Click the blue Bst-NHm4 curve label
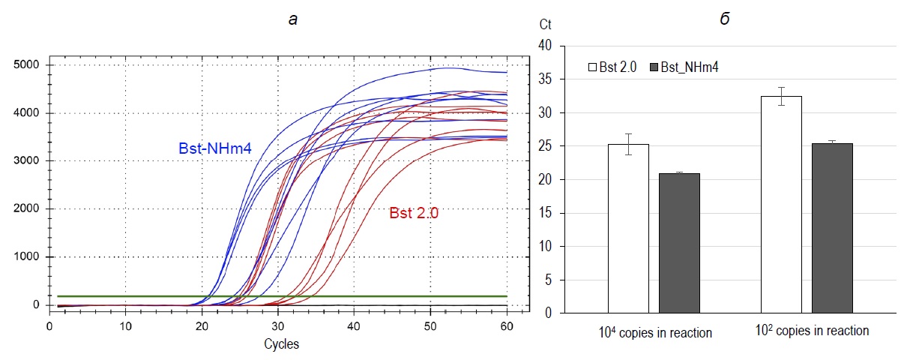click(x=214, y=148)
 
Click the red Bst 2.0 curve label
click(x=414, y=213)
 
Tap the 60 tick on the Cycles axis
click(x=507, y=326)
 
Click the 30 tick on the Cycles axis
click(x=277, y=326)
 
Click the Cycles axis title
click(x=281, y=344)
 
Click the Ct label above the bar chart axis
click(x=545, y=24)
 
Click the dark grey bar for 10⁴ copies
click(x=679, y=243)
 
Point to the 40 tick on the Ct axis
click(x=545, y=46)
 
